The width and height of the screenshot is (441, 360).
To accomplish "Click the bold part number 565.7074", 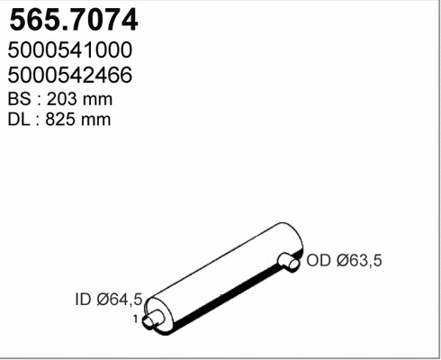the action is point(74,20).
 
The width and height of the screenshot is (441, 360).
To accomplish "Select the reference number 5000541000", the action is point(70,49).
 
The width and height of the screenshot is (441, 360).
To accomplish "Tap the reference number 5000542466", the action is point(70,75).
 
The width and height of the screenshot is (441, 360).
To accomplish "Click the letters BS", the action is point(20,99).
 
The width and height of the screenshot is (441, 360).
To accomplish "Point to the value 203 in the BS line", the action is point(61,99).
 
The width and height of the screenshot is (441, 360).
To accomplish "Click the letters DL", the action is point(19,120).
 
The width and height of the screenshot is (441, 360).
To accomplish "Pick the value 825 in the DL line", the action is point(60,120).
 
